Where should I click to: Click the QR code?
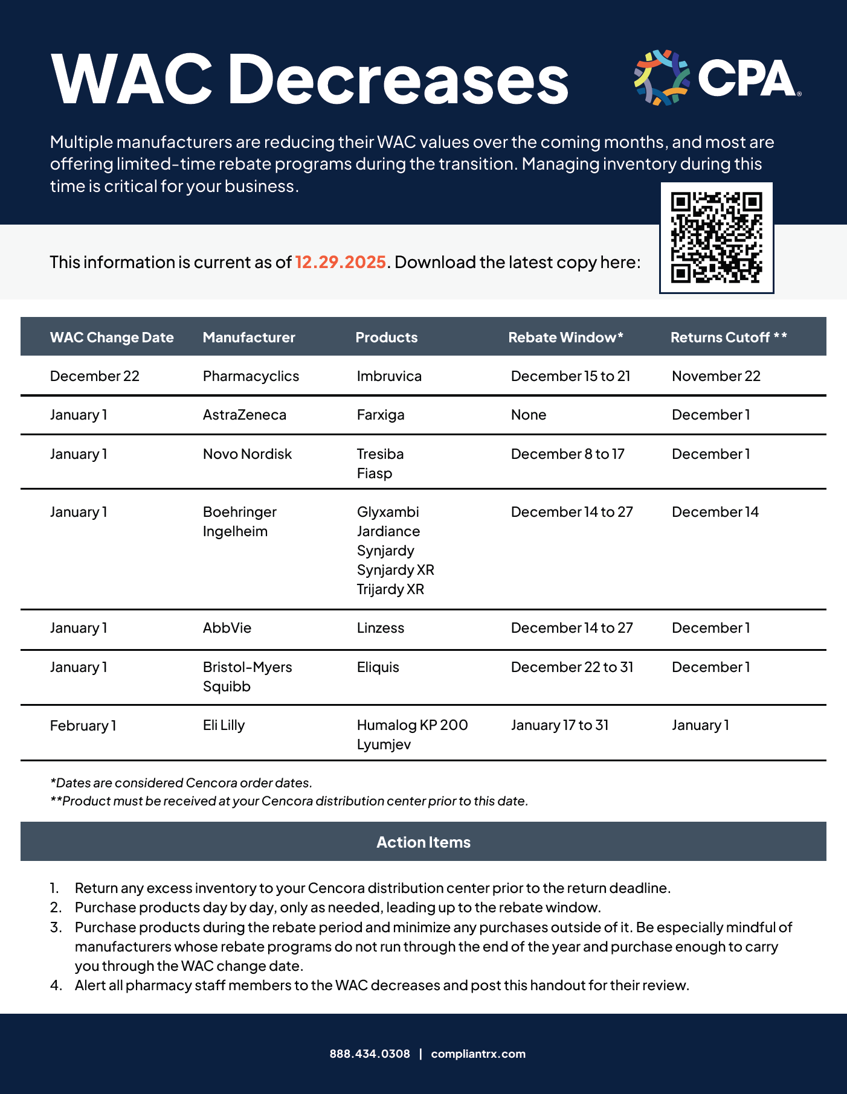[x=717, y=238]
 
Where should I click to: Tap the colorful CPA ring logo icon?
[x=662, y=78]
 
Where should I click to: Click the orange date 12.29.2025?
[x=340, y=262]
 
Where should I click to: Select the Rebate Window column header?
[x=565, y=337]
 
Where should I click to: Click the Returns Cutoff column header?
[x=728, y=337]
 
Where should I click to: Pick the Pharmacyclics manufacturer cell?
[x=251, y=376]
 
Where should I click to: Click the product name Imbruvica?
[x=389, y=376]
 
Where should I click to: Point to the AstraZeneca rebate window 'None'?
[x=529, y=415]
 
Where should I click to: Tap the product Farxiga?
[x=381, y=415]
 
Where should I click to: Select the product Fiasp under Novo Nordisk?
[x=375, y=473]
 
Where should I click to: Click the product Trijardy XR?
[x=390, y=589]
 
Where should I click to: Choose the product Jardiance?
[x=388, y=531]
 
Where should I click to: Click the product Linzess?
[x=381, y=628]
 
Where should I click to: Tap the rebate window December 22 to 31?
[x=572, y=667]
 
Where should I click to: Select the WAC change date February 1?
[x=83, y=726]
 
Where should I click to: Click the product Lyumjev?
[x=384, y=744]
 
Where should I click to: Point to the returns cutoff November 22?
[x=716, y=376]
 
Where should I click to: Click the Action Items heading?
[x=423, y=842]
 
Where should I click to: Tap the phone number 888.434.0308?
[x=370, y=1054]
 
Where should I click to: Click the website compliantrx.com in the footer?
[x=478, y=1054]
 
